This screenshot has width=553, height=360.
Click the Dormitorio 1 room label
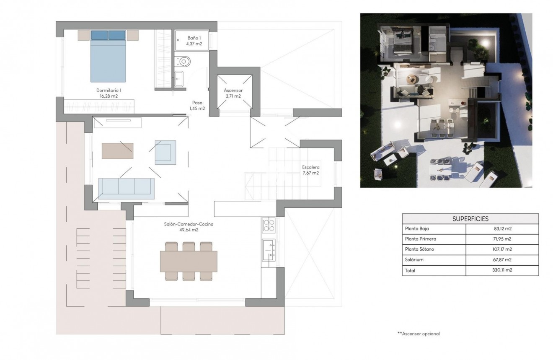[x=109, y=93]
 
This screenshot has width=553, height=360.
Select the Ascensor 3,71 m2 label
[x=233, y=93]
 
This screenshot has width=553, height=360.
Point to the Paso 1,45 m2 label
[x=197, y=105]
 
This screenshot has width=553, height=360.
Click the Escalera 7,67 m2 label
[x=311, y=170]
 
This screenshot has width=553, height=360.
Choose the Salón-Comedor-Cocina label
[x=189, y=227]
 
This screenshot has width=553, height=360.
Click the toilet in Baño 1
[x=184, y=62]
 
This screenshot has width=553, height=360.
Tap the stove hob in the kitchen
[x=268, y=225]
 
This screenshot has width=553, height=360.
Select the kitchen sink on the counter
[x=268, y=247]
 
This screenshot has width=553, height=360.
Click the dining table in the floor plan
[x=189, y=261]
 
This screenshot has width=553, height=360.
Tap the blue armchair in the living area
[x=165, y=152]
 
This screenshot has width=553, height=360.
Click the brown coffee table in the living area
[x=117, y=151]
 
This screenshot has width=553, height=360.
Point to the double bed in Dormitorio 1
[x=108, y=56]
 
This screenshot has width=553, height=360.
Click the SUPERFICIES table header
[x=470, y=219]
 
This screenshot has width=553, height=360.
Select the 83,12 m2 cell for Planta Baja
[x=503, y=229]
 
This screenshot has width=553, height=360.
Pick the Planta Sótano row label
[x=419, y=249]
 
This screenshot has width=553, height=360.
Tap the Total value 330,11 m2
[x=503, y=270]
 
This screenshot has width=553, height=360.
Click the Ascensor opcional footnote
[x=418, y=334]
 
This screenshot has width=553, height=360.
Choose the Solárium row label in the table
[x=414, y=260]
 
